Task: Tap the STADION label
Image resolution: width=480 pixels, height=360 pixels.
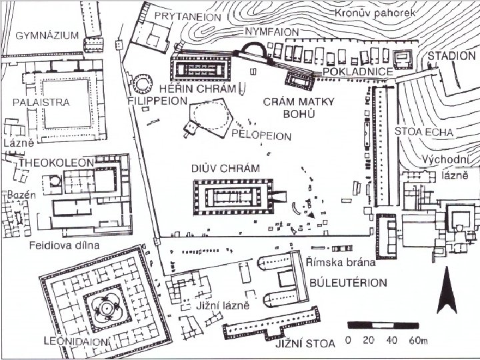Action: pos(451,56)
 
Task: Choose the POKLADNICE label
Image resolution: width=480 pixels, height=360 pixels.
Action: pos(349,70)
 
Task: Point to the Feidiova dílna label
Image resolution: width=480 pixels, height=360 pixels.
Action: pos(64,245)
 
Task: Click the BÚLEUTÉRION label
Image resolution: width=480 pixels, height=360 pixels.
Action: pos(348,282)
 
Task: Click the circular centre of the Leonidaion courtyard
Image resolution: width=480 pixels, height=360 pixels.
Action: pos(105,308)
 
